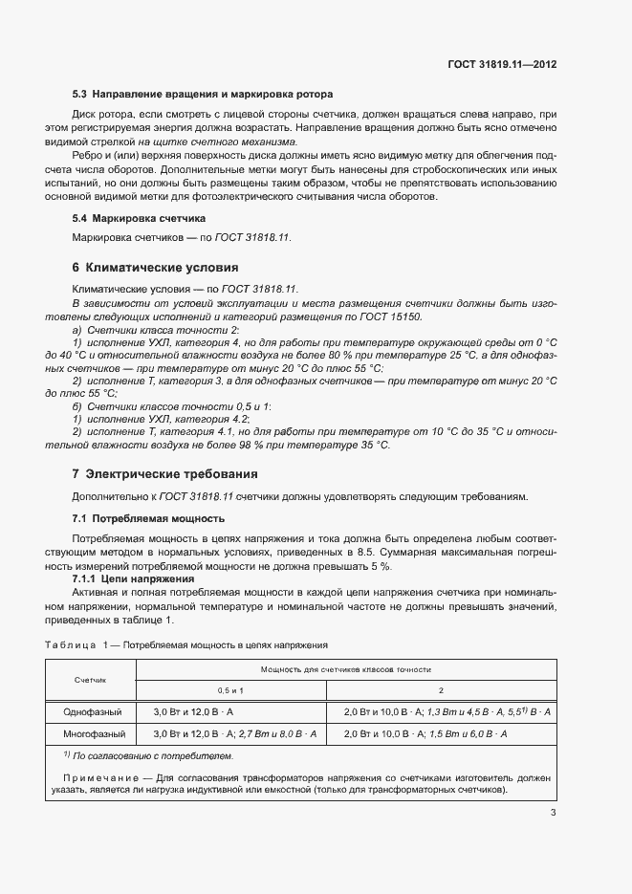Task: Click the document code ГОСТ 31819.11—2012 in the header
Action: coord(502,64)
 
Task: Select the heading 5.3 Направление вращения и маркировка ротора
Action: coord(203,95)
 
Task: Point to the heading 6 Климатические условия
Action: coord(155,267)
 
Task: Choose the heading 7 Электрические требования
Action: coord(163,473)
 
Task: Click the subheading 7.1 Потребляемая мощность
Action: coord(148,518)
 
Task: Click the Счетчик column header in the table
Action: coord(91,679)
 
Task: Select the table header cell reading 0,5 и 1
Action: coord(231,689)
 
